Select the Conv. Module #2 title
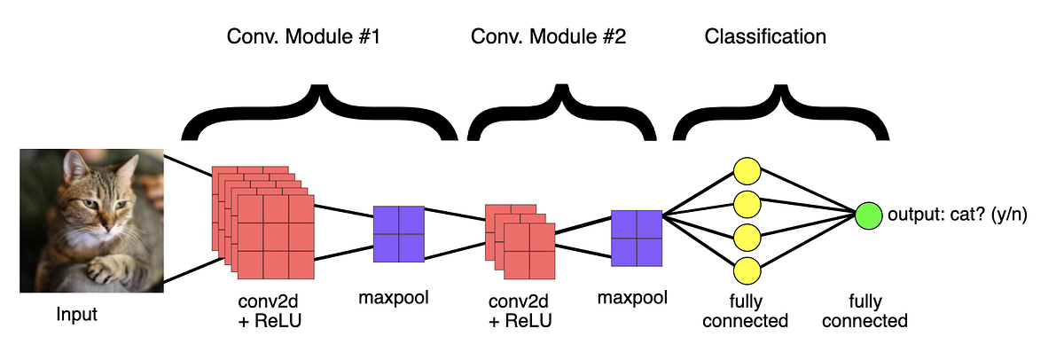pos(548,37)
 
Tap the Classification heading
pos(765,37)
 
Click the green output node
pos(869,215)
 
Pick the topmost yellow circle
pos(747,169)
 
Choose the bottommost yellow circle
pos(747,270)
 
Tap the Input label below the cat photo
pos(77,315)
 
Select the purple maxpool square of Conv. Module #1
pos(399,233)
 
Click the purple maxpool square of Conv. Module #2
pos(637,238)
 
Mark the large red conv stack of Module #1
pos(264,222)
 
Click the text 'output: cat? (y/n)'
pos(958,215)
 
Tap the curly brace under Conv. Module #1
pos(319,113)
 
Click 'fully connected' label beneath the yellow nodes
pos(745,310)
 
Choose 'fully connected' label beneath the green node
pos(864,310)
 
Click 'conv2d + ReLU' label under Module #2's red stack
pos(520,310)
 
